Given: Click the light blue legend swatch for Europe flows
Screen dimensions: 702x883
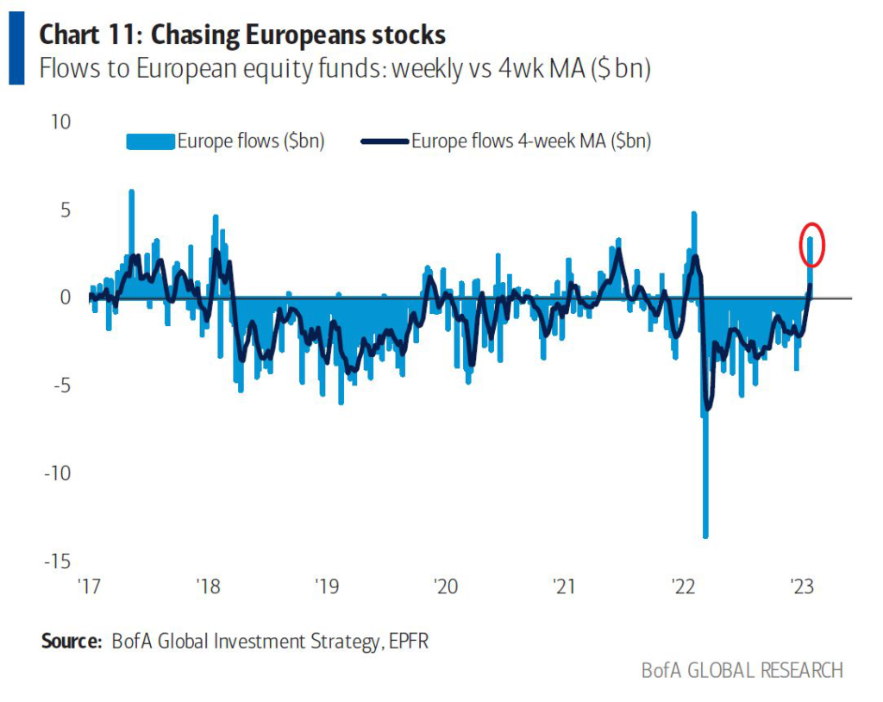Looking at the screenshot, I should pos(150,141).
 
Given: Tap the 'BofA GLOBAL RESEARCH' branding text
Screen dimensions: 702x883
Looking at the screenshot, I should pos(742,670).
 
